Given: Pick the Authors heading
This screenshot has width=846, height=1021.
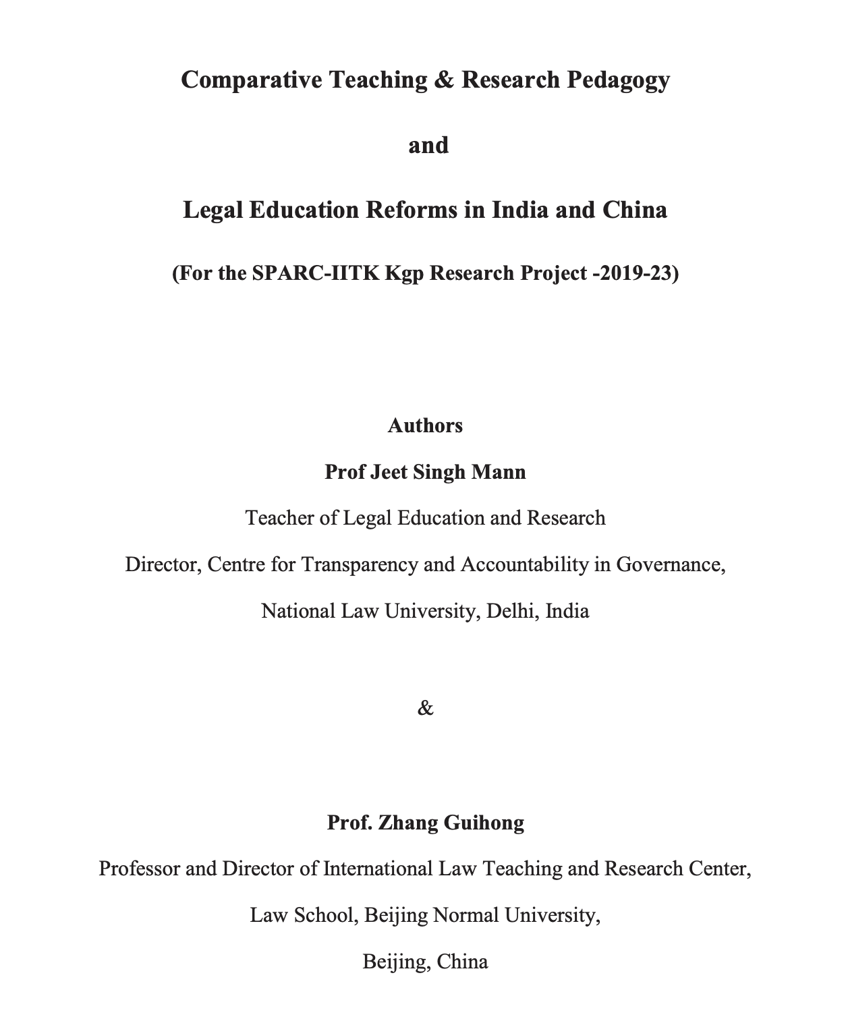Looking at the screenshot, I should pos(425,426).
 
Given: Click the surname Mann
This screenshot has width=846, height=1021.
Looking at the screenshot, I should pos(499,471).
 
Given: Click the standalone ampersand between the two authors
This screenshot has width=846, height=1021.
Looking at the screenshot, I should pos(426,708).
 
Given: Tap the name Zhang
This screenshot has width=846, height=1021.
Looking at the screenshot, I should pos(407,823).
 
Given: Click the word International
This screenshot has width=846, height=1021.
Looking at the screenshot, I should pos(378,869).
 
